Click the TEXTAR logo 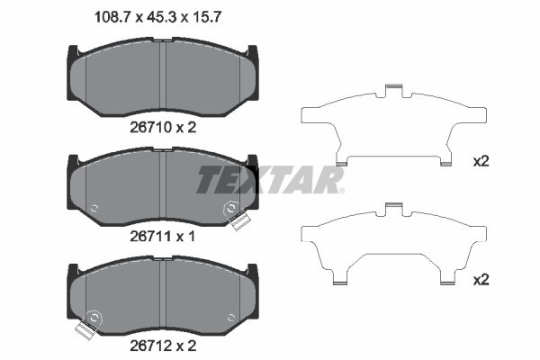pyautogui.click(x=270, y=179)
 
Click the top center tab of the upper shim pyautogui.click(x=391, y=89)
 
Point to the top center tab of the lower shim pyautogui.click(x=391, y=208)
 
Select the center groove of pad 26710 pyautogui.click(x=162, y=78)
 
